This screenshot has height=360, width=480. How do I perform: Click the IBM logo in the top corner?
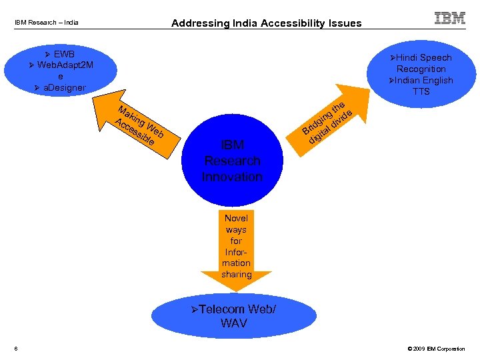coord(450,18)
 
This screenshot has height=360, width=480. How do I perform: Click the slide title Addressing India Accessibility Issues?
coord(266,23)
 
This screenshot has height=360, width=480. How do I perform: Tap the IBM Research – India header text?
coord(47,23)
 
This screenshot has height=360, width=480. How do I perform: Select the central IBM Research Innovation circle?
coord(232,161)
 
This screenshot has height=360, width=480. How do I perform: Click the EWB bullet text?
coord(63,53)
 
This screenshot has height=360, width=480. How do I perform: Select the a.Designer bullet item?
coord(60,87)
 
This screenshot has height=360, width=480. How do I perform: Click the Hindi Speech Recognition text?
coord(421,63)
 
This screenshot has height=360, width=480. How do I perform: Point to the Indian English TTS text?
coord(421,86)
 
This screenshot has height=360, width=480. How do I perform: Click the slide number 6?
coord(15,349)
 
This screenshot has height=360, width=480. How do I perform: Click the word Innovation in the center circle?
coord(232,177)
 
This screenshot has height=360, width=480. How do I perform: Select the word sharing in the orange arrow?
coord(236,274)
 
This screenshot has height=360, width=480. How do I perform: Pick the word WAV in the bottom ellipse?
coord(233,323)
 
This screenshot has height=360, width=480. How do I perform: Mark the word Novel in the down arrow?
coord(236,218)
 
